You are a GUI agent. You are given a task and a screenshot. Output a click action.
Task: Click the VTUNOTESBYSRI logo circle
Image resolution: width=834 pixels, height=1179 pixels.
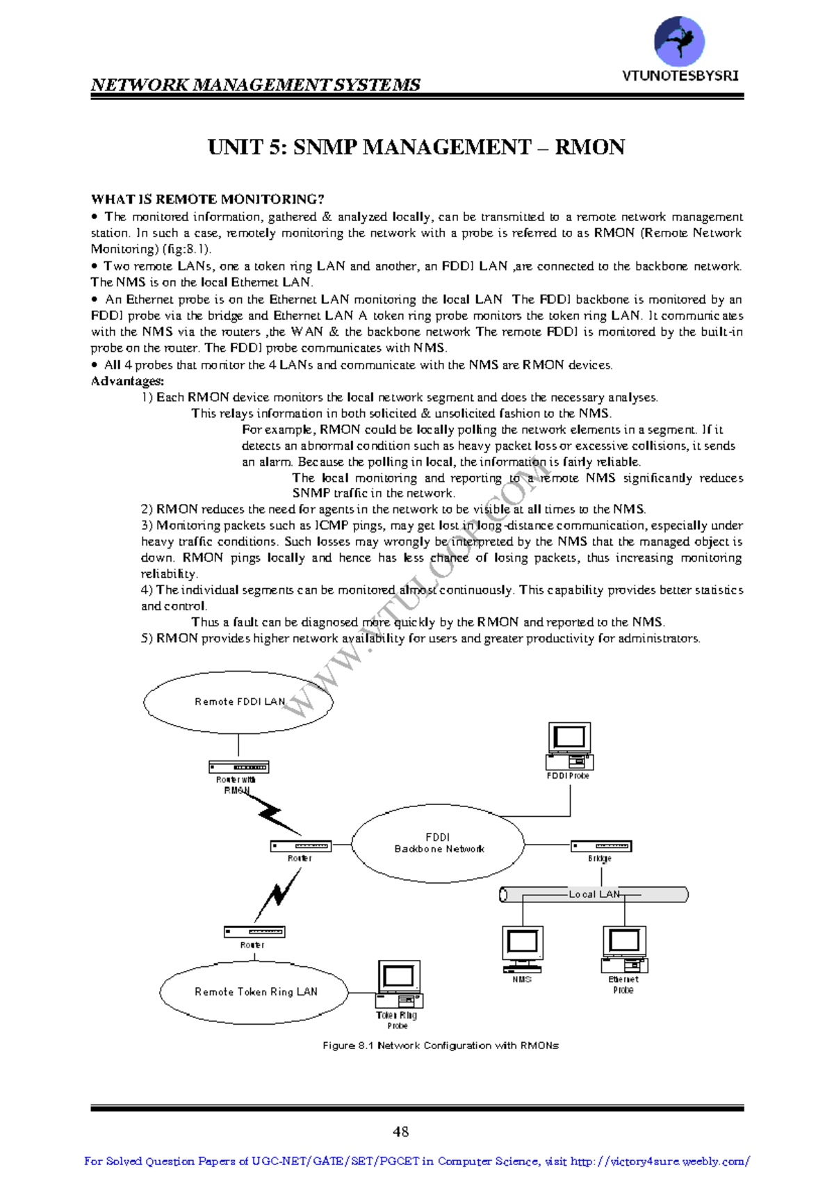pyautogui.click(x=679, y=42)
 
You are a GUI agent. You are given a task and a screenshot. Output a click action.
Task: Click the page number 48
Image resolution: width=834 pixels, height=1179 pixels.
pyautogui.click(x=401, y=1131)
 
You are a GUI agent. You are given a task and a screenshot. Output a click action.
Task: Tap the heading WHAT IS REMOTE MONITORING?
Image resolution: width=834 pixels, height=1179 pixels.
pyautogui.click(x=207, y=200)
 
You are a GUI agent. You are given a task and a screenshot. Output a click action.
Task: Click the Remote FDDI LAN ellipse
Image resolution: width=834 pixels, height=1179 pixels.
pyautogui.click(x=238, y=701)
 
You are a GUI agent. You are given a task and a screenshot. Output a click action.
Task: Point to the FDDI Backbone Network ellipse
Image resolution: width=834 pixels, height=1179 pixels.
pyautogui.click(x=438, y=843)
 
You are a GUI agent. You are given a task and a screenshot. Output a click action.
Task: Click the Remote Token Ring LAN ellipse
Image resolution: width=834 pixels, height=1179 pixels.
pyautogui.click(x=254, y=992)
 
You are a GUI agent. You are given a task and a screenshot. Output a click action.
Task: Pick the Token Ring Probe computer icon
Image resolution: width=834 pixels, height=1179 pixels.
pyautogui.click(x=399, y=983)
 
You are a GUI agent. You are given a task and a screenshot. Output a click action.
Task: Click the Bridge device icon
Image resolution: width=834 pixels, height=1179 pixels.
pyautogui.click(x=601, y=846)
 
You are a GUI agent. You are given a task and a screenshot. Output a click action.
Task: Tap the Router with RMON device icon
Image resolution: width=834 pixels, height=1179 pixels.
pyautogui.click(x=238, y=767)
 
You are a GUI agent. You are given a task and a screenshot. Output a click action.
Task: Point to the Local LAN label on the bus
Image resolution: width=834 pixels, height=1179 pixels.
pyautogui.click(x=594, y=894)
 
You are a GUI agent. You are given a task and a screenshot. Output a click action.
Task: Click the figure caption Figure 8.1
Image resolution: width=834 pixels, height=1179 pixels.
pyautogui.click(x=441, y=1046)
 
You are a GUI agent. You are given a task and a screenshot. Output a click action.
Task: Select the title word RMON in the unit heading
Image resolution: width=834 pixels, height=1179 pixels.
pyautogui.click(x=589, y=147)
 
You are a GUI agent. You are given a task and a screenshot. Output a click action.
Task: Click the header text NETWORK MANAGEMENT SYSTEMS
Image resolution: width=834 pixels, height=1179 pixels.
pyautogui.click(x=255, y=85)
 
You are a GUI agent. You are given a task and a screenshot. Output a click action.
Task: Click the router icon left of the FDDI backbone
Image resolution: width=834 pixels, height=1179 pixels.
pyautogui.click(x=300, y=846)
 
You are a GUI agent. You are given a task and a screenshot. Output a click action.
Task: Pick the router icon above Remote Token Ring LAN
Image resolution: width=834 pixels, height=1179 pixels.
pyautogui.click(x=254, y=932)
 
